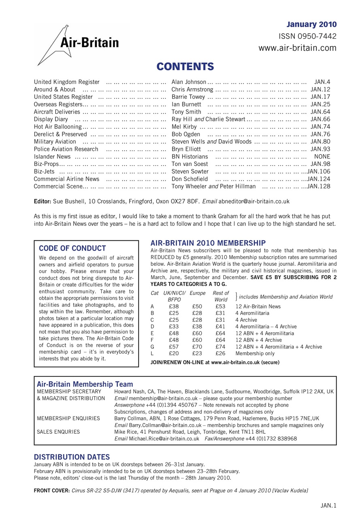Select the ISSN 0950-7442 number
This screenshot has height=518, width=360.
308,36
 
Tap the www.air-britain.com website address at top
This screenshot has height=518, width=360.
298,48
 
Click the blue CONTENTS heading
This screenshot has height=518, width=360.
185,66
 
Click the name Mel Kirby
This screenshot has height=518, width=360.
184,127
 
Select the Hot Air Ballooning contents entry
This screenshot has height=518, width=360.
58,127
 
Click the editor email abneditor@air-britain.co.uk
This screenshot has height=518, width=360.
254,201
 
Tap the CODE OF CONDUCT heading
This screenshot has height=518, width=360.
72,248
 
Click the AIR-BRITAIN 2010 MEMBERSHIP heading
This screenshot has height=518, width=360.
208,243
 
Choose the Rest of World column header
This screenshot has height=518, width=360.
221,296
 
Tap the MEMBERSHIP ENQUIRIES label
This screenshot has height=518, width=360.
63,418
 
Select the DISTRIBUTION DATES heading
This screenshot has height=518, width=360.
72,457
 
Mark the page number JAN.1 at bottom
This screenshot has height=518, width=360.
328,505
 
